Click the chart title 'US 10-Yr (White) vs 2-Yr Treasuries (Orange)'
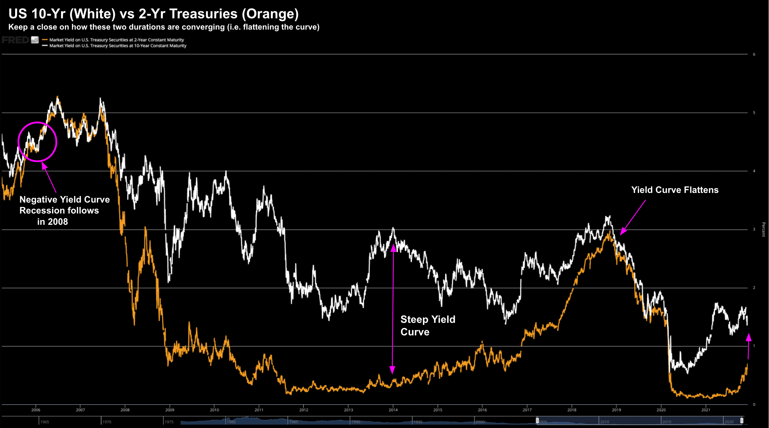(153, 14)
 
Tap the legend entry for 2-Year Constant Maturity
(116, 40)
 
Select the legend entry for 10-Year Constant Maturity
(118, 46)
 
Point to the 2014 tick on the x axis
(393, 410)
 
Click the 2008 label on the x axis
(125, 410)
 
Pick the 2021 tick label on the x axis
(706, 410)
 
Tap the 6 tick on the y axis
(754, 54)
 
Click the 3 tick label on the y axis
(754, 229)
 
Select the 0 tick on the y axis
(754, 405)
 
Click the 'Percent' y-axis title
(763, 229)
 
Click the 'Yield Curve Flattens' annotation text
(675, 190)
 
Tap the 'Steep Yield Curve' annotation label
(427, 325)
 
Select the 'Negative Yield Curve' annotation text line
(65, 200)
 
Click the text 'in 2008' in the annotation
(52, 222)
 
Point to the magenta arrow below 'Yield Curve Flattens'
(633, 217)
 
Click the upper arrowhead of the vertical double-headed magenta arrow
(393, 248)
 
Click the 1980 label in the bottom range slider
(232, 422)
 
